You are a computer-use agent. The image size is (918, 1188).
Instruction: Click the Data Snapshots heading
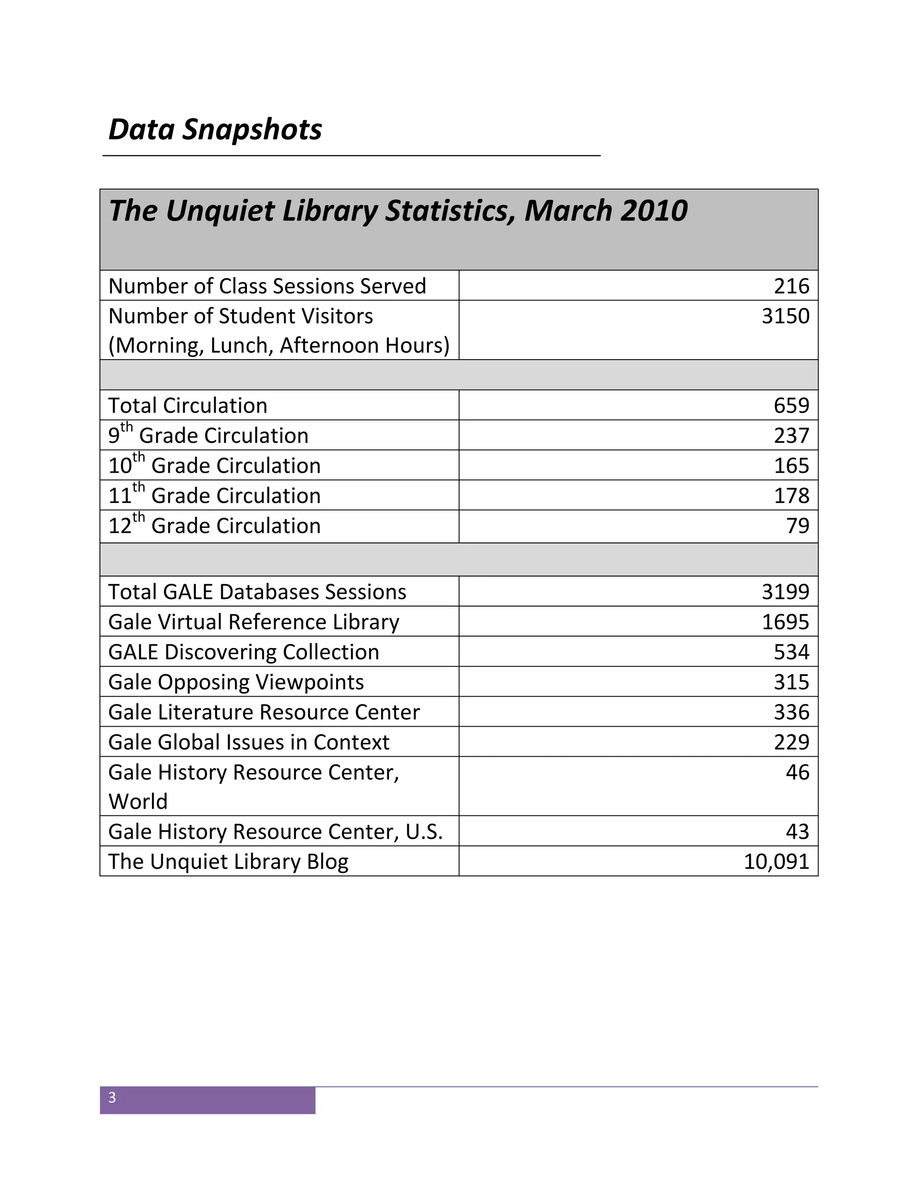point(215,130)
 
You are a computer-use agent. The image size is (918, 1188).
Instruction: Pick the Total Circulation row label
point(188,406)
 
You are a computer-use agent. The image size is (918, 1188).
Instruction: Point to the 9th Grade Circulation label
point(208,435)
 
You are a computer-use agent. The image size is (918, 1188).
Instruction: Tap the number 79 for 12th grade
point(798,525)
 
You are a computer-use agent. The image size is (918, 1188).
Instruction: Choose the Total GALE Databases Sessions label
point(257,592)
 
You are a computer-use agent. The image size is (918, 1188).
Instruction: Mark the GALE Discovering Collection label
point(244,652)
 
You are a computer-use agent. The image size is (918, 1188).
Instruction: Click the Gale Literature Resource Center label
point(264,712)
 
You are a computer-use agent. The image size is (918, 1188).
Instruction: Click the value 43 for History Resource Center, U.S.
point(797,832)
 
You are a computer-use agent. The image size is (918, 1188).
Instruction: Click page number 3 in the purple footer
point(112,1098)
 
